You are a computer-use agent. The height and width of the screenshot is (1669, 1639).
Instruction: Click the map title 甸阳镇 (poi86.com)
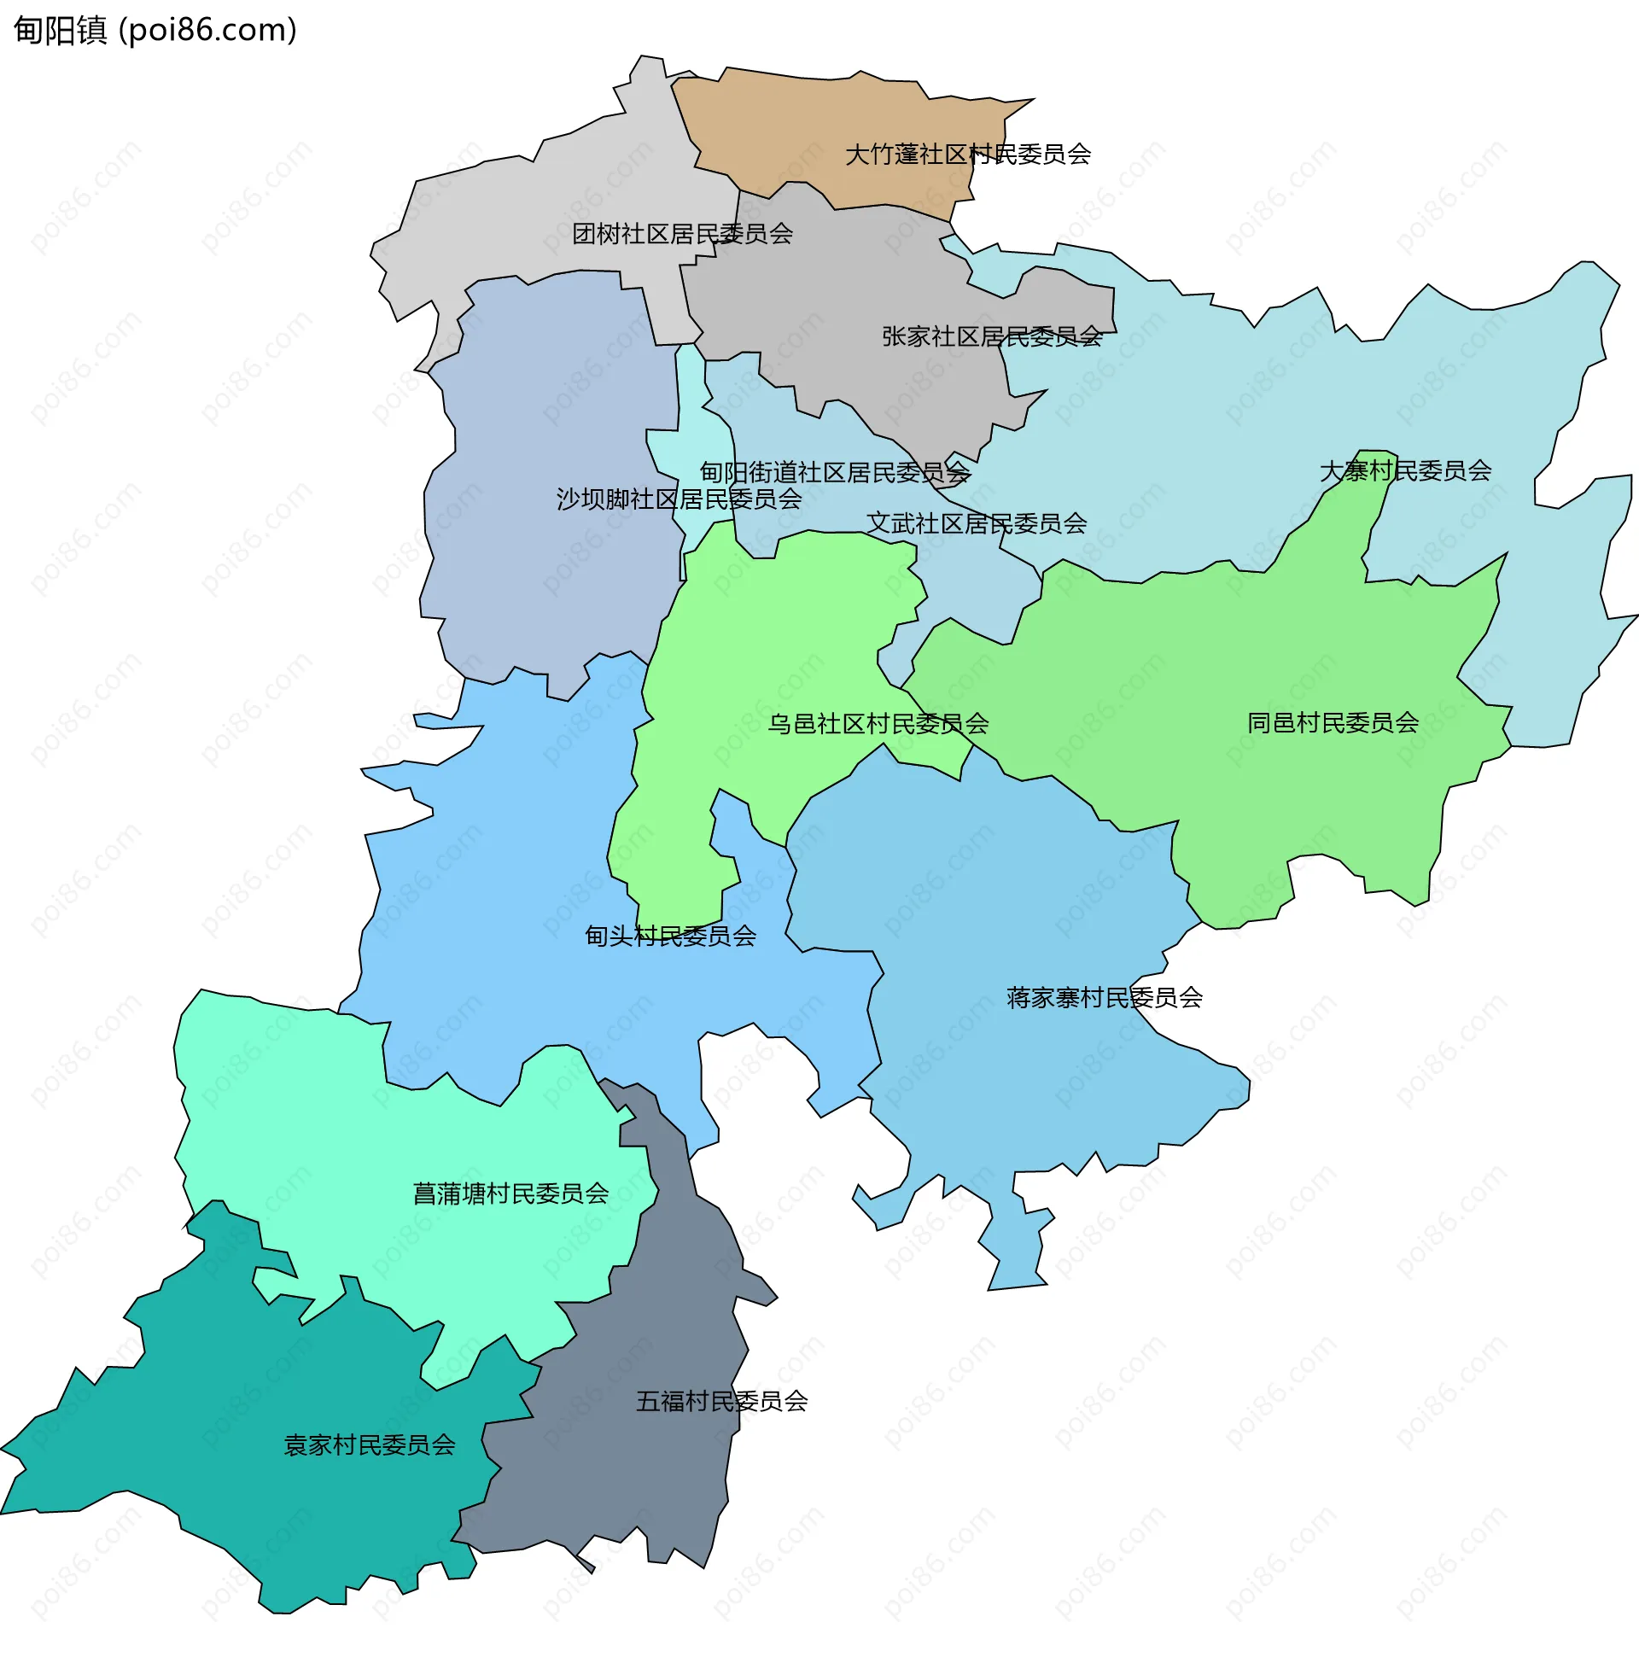[155, 30]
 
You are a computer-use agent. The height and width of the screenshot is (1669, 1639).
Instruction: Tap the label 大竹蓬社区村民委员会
[967, 155]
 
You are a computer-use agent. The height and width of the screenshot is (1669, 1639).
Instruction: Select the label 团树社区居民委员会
[682, 234]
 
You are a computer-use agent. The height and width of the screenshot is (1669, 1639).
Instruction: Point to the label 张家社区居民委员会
[992, 336]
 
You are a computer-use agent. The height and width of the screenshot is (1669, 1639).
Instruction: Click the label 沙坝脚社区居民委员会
[679, 499]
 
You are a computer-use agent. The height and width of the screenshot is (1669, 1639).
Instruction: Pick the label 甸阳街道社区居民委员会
[834, 473]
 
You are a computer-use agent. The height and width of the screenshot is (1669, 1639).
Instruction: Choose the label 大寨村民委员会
[1405, 471]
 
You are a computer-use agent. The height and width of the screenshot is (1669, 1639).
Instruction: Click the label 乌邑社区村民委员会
[878, 724]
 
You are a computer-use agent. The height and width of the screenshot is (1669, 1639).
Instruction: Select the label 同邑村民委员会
[1333, 723]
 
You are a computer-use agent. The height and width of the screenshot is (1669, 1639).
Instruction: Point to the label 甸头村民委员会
[670, 936]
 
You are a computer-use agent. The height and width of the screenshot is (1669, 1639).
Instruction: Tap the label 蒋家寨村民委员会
[1104, 998]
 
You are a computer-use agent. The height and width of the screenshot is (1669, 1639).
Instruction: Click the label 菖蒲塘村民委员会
[510, 1193]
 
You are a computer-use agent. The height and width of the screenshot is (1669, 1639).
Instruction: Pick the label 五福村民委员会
[721, 1401]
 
